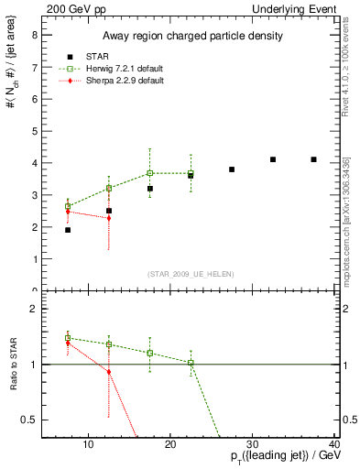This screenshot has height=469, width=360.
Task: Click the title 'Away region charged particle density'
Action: click(x=190, y=36)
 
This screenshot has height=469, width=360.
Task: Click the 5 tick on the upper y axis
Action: click(x=34, y=131)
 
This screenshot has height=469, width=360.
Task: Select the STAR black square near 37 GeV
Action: click(x=313, y=159)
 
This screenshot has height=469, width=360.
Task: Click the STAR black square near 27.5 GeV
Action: click(x=232, y=169)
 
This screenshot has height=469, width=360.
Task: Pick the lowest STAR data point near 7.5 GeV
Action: click(x=68, y=230)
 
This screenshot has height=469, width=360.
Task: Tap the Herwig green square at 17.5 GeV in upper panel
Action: click(x=150, y=173)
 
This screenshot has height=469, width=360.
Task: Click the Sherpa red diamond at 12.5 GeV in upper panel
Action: click(x=109, y=218)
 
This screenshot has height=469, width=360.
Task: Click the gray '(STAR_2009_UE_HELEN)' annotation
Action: click(x=190, y=275)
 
